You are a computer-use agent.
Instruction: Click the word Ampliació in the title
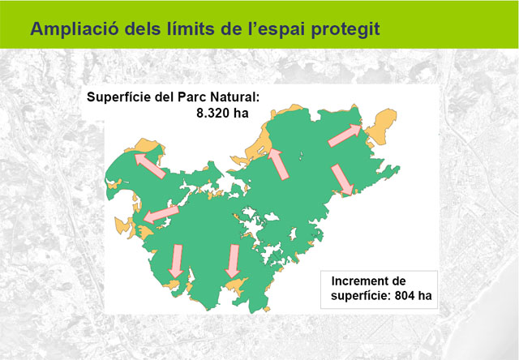pyautogui.click(x=75, y=29)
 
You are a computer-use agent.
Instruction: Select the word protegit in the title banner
pyautogui.click(x=345, y=30)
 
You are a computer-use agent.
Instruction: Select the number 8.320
pyautogui.click(x=213, y=114)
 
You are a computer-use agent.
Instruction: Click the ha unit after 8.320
pyautogui.click(x=241, y=114)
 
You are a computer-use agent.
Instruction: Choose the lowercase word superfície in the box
pyautogui.click(x=360, y=296)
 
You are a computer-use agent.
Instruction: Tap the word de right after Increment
pyautogui.click(x=398, y=281)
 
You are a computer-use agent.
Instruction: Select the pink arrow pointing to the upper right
pyautogui.click(x=345, y=135)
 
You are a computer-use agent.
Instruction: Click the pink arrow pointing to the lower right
pyautogui.click(x=342, y=179)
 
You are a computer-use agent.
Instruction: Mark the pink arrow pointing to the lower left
pyautogui.click(x=161, y=214)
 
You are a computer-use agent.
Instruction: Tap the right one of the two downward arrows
pyautogui.click(x=233, y=261)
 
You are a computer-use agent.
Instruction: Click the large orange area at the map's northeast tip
pyautogui.click(x=380, y=127)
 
